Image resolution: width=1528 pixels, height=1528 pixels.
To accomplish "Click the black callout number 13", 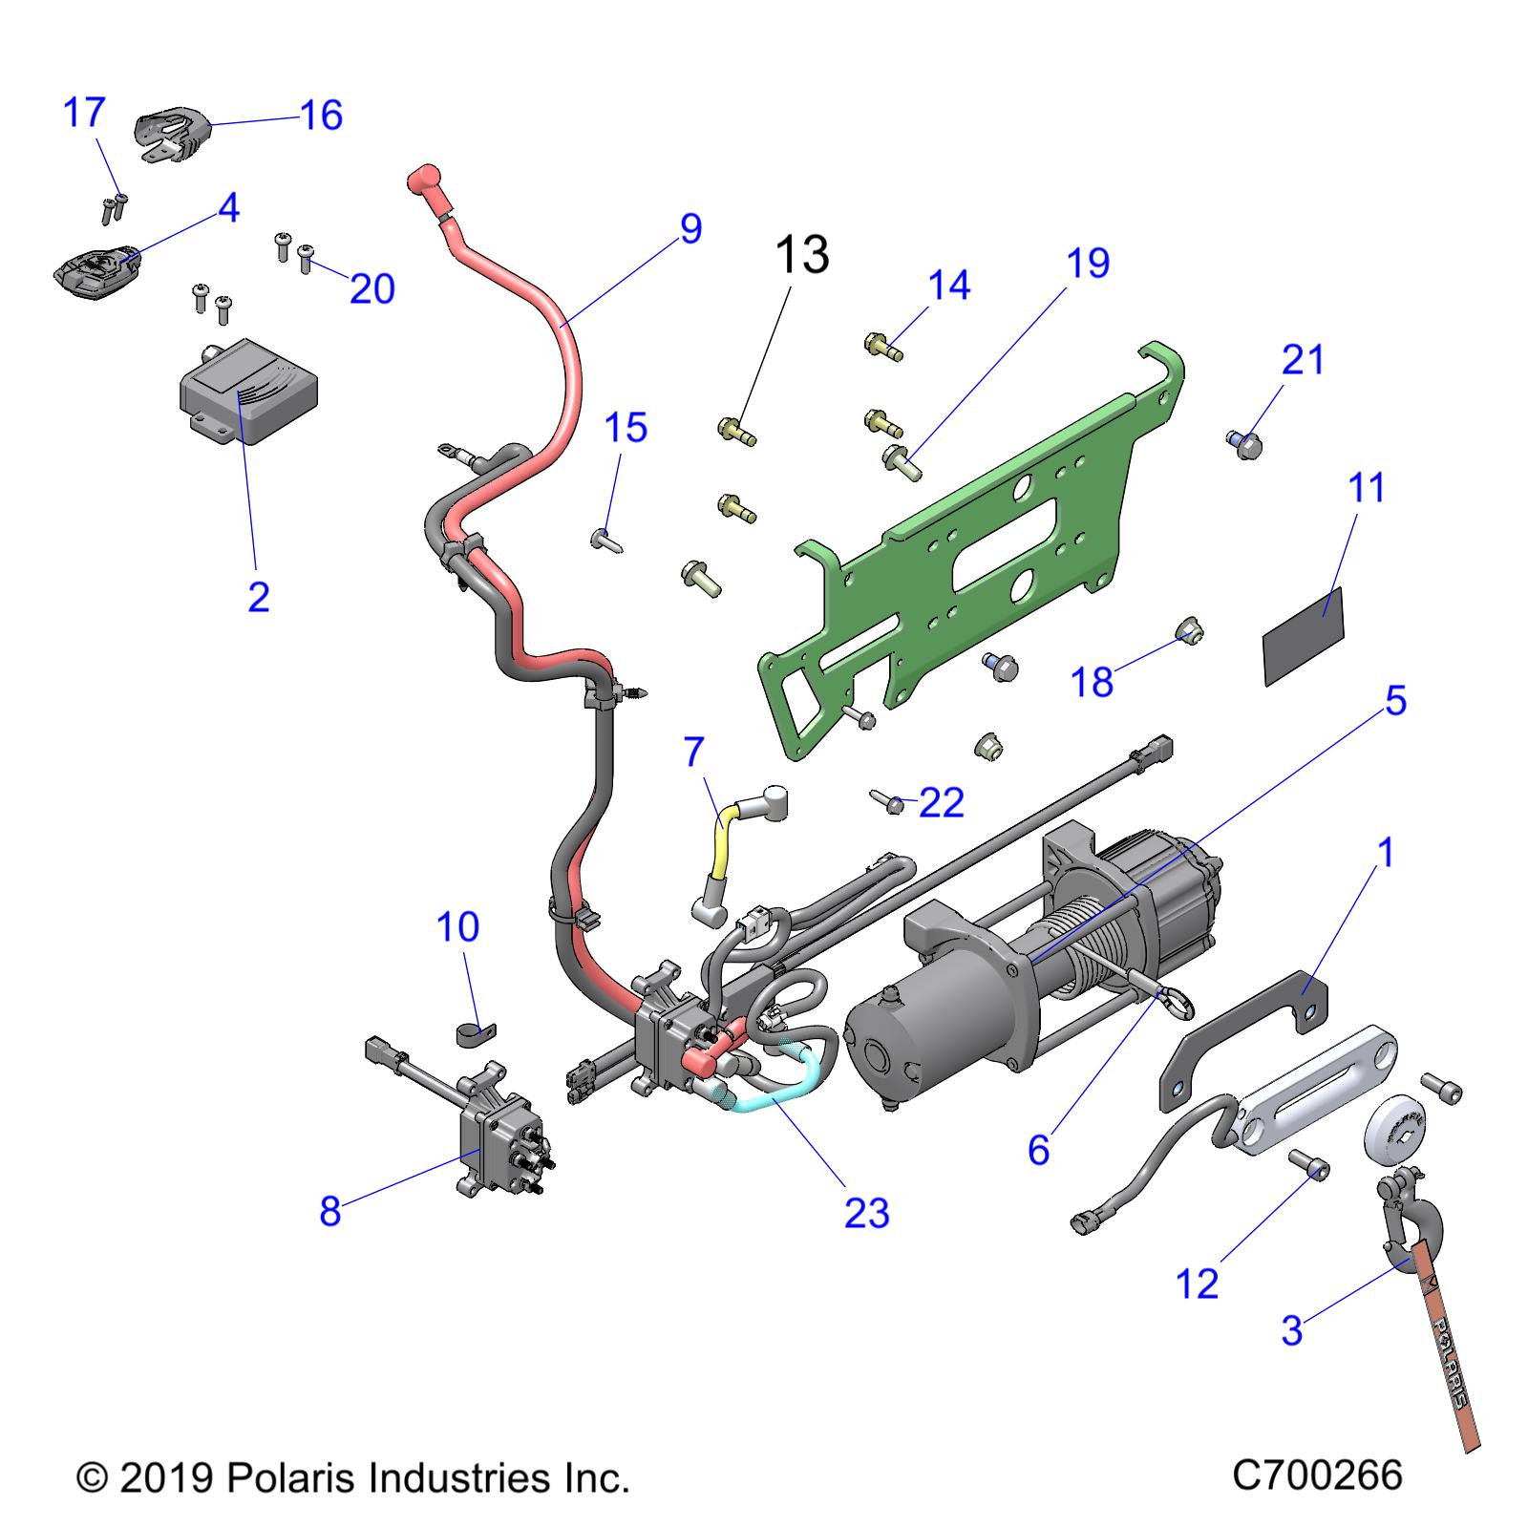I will tap(801, 255).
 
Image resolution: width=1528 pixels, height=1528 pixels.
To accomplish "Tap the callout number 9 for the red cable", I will tap(690, 229).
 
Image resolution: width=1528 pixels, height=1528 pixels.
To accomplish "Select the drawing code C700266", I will tap(1317, 1475).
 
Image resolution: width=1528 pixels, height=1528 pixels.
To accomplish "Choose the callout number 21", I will tap(1304, 360).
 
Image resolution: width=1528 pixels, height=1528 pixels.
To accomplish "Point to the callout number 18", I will tap(1093, 682).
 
